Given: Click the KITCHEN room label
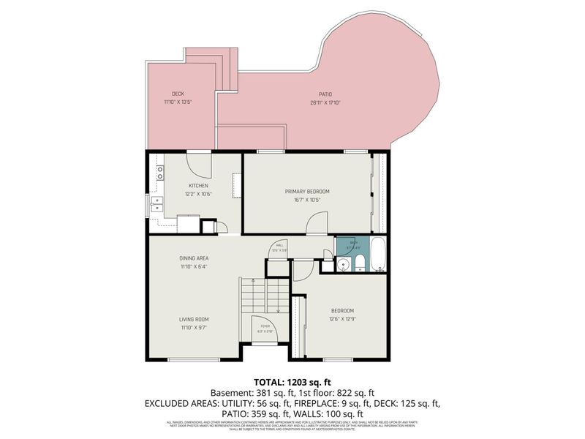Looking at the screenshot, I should pyautogui.click(x=199, y=186).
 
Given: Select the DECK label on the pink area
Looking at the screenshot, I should pyautogui.click(x=178, y=94).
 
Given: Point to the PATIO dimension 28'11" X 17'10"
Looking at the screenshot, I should pyautogui.click(x=325, y=102).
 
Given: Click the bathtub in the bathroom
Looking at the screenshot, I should pyautogui.click(x=379, y=255).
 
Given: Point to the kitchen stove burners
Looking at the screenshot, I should pyautogui.click(x=159, y=173).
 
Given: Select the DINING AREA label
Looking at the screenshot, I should pyautogui.click(x=194, y=258).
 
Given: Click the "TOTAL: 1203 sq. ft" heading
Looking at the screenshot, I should pyautogui.click(x=292, y=382).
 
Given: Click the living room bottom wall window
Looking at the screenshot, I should pyautogui.click(x=194, y=359).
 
